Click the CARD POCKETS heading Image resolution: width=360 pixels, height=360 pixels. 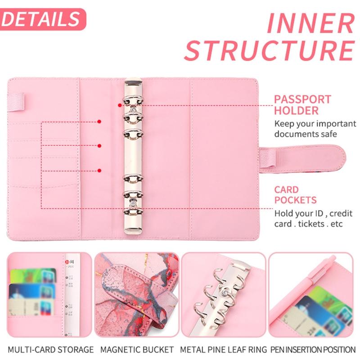click(x=292, y=194)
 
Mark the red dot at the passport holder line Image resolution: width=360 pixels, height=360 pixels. click(x=119, y=105)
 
